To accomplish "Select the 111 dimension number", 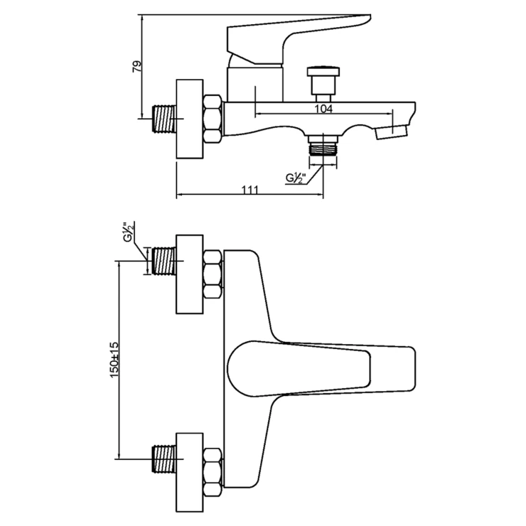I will [x=249, y=188].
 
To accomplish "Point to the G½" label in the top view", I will [x=128, y=234].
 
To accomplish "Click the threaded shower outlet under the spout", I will [x=323, y=148].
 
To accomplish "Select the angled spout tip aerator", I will [x=394, y=131].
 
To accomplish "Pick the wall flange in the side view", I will [x=189, y=118].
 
